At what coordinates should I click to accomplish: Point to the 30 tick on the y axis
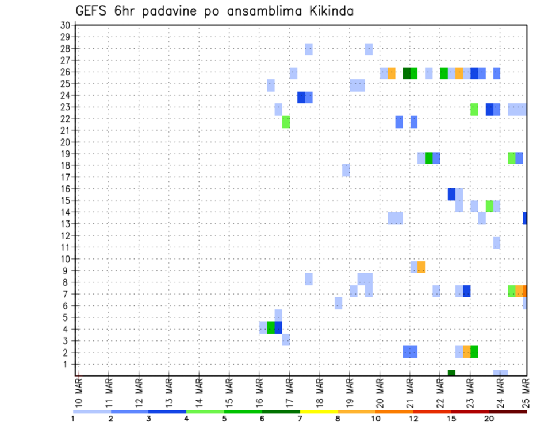(65, 25)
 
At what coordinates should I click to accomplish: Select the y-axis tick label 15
(65, 200)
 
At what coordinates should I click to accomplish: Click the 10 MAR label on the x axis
(79, 393)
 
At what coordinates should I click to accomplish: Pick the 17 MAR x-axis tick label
(289, 393)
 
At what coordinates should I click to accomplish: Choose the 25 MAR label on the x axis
(524, 393)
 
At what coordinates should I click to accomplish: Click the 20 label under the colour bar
(489, 419)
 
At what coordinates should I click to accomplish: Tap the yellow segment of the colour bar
(319, 412)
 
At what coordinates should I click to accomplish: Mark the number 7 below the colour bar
(300, 419)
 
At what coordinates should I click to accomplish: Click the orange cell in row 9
(421, 267)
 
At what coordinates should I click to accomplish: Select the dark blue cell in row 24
(301, 98)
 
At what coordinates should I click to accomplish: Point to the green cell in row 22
(286, 122)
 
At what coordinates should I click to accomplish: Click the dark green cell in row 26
(407, 73)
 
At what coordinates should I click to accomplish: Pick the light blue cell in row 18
(346, 170)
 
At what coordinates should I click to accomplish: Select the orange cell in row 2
(466, 351)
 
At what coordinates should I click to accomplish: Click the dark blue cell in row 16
(451, 194)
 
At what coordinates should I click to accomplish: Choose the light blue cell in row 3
(286, 339)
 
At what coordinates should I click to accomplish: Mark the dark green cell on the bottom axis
(451, 373)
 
